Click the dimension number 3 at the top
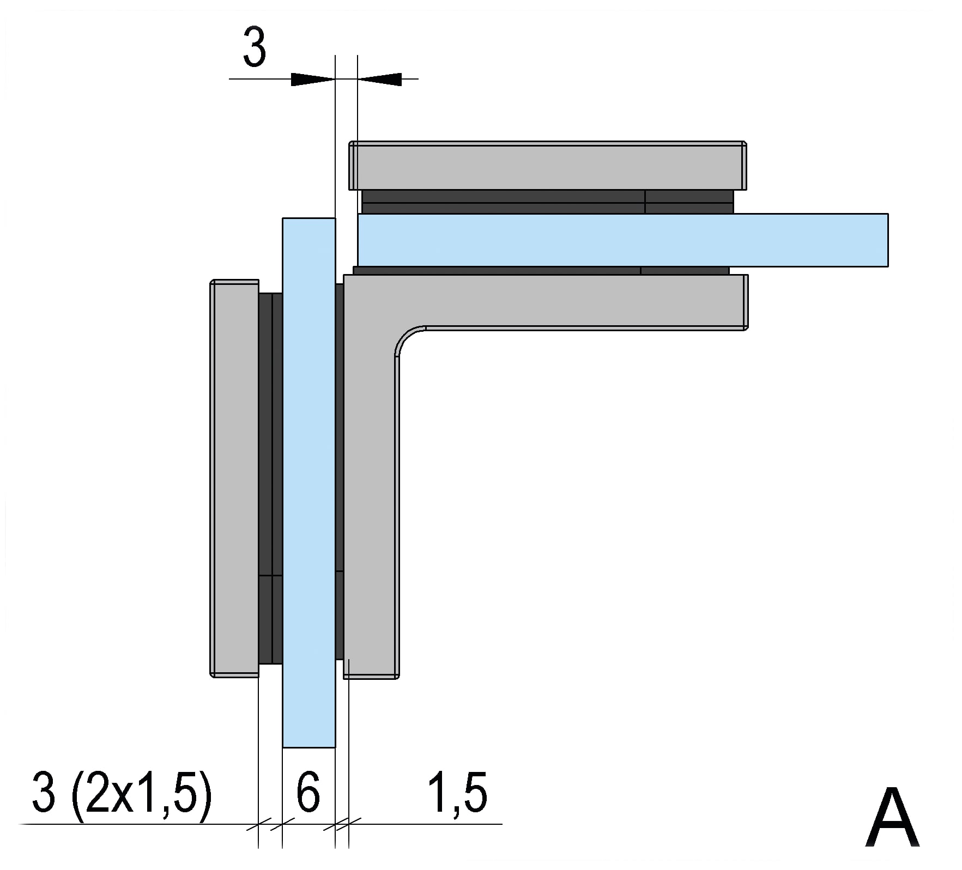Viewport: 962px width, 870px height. click(x=255, y=48)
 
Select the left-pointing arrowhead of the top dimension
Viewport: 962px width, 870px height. click(x=379, y=80)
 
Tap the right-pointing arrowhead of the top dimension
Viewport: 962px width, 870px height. click(x=313, y=80)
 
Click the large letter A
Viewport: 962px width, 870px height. click(x=892, y=818)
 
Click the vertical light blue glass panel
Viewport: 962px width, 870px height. click(x=308, y=483)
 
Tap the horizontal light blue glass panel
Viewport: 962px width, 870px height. click(x=622, y=240)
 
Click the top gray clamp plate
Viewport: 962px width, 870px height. click(x=547, y=166)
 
